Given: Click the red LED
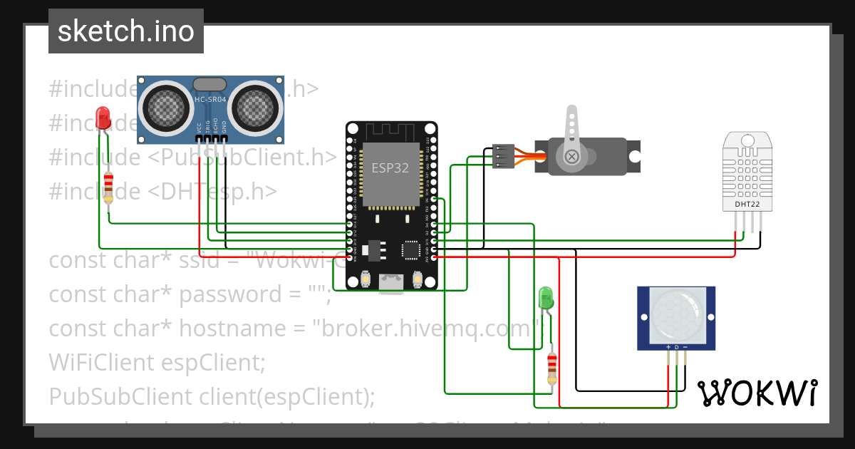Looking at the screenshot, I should point(103,117).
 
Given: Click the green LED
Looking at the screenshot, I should point(546,296).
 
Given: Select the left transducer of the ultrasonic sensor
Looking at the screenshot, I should point(166,107).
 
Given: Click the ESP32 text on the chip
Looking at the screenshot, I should point(391,168).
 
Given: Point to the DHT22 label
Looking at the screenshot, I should point(747,205).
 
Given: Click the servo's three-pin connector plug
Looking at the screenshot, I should point(503,156).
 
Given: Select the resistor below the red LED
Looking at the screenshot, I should point(108,187).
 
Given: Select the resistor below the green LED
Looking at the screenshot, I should point(551,367).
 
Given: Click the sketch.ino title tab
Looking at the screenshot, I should point(126,31).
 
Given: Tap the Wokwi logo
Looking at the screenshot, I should point(757,393).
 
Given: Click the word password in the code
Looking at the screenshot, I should point(222,294).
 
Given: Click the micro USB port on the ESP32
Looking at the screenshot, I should point(391,283).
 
